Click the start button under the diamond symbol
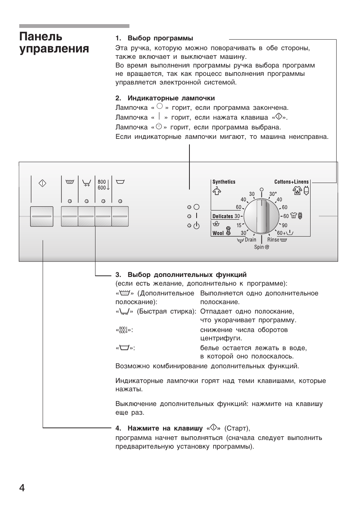42,216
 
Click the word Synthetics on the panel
224,182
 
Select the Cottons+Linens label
291,182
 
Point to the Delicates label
223,216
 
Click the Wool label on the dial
218,233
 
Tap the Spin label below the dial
259,247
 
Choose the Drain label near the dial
250,240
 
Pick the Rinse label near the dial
273,240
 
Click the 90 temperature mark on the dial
284,225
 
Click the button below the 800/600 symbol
103,216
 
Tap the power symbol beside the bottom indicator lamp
196,226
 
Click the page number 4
22,488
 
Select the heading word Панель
41,37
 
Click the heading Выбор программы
160,38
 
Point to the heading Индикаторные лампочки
171,98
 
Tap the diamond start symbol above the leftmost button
42,184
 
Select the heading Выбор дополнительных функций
187,275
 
